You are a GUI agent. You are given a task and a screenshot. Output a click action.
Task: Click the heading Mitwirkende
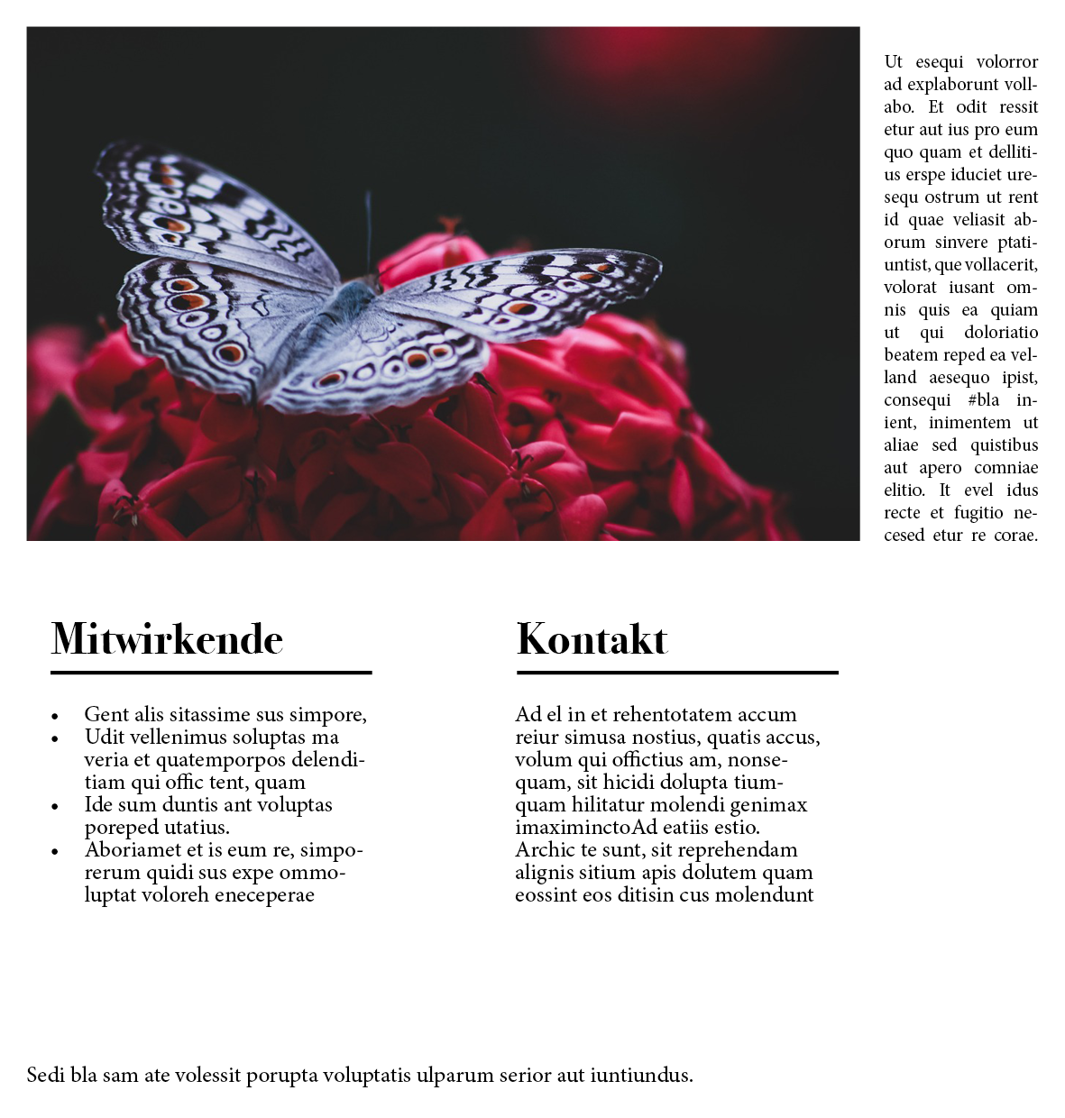pyautogui.click(x=167, y=639)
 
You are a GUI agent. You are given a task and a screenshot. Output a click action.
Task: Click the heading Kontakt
pyautogui.click(x=592, y=639)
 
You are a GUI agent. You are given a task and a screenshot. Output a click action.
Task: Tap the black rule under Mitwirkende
pyautogui.click(x=211, y=673)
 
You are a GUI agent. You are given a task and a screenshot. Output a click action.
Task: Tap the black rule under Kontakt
pyautogui.click(x=677, y=673)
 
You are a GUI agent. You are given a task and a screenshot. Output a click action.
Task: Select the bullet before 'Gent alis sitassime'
pyautogui.click(x=55, y=717)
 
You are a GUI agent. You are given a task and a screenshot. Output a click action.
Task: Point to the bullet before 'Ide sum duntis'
pyautogui.click(x=55, y=807)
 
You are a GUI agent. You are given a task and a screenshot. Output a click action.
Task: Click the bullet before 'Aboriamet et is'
pyautogui.click(x=55, y=852)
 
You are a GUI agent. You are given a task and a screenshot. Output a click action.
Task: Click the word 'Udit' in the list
pyautogui.click(x=105, y=738)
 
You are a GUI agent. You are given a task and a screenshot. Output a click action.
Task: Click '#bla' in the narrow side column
pyautogui.click(x=983, y=400)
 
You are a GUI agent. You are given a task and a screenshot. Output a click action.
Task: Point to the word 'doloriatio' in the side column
pyautogui.click(x=1001, y=333)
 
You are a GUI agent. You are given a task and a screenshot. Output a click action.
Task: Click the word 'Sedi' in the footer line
pyautogui.click(x=45, y=1075)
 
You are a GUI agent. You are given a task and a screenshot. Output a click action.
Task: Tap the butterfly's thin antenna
pyautogui.click(x=368, y=230)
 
